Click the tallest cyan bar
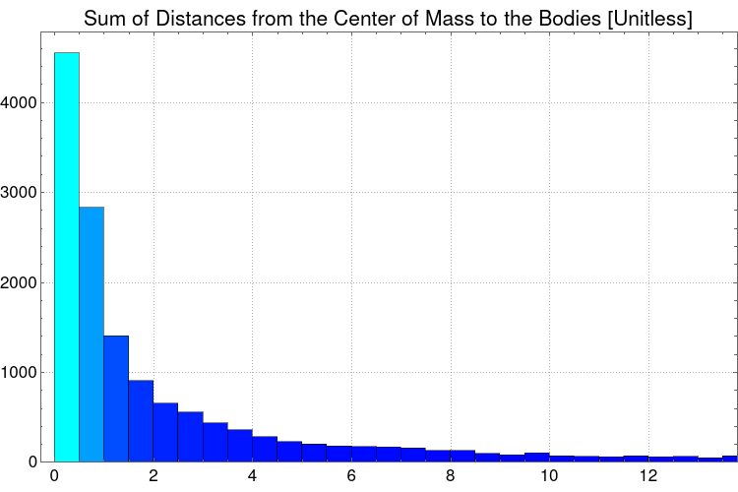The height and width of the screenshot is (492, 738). point(67,256)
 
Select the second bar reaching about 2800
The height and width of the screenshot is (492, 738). point(92,335)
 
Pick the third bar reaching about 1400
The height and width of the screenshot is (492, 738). point(116,399)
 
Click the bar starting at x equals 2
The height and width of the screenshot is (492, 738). point(165,433)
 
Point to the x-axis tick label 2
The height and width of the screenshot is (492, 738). point(154,476)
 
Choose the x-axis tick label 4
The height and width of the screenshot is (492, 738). point(252,476)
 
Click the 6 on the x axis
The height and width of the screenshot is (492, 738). point(351,476)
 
